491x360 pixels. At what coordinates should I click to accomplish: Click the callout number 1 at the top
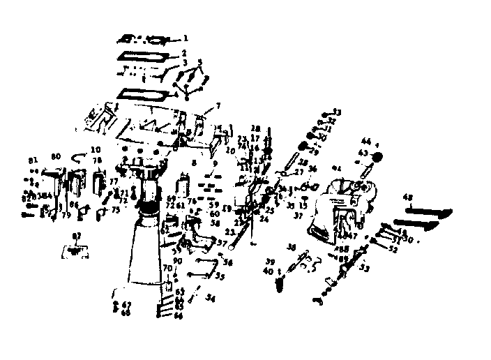pyautogui.click(x=186, y=38)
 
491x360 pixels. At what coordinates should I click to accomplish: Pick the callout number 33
pyautogui.click(x=338, y=112)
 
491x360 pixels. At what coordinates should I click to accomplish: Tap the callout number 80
pyautogui.click(x=56, y=157)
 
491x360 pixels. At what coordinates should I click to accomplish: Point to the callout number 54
pyautogui.click(x=211, y=298)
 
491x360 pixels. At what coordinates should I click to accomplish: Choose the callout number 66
pyautogui.click(x=179, y=316)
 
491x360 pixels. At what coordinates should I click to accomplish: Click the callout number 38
pyautogui.click(x=292, y=247)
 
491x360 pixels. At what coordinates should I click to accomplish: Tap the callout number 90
pyautogui.click(x=177, y=261)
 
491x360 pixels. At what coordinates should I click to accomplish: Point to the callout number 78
pyautogui.click(x=96, y=160)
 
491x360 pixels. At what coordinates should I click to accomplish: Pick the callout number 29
pyautogui.click(x=314, y=152)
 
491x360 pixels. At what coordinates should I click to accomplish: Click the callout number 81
pyautogui.click(x=31, y=160)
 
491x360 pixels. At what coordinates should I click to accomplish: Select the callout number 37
pyautogui.click(x=298, y=216)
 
